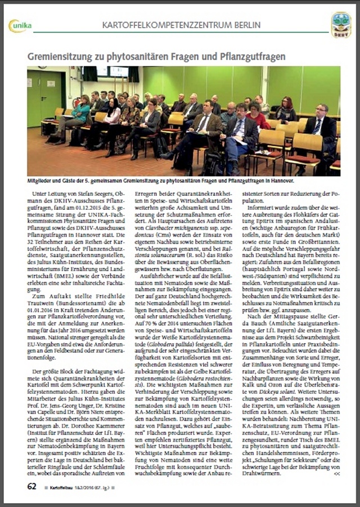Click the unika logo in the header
20,26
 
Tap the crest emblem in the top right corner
341,25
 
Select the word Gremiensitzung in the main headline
64,57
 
